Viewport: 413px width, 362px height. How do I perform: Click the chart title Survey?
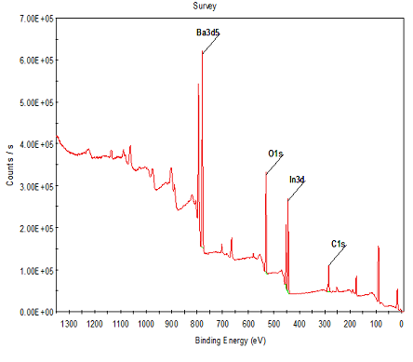(205, 6)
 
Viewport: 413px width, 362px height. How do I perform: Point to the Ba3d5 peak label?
(207, 33)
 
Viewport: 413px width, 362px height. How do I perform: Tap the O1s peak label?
(275, 154)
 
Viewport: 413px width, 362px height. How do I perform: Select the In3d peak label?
(297, 180)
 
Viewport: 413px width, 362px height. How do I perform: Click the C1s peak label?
(339, 244)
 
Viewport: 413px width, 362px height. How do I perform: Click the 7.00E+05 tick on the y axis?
(37, 19)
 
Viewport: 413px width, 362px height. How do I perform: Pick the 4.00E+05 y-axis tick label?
(37, 144)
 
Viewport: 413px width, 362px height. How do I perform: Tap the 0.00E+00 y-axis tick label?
(37, 312)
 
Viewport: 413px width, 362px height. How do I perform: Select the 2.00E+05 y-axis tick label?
(37, 228)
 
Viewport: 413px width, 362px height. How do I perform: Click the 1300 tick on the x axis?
(69, 324)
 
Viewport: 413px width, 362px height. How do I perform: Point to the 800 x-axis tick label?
(197, 324)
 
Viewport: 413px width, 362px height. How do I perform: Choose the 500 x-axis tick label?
(273, 324)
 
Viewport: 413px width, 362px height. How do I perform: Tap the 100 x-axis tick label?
(376, 324)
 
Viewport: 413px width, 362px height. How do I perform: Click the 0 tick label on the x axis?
(401, 324)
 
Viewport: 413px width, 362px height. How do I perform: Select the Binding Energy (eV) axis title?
(231, 341)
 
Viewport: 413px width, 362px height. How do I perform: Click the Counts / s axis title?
(10, 165)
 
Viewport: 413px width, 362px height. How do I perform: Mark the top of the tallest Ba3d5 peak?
(202, 51)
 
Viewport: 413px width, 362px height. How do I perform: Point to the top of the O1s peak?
(266, 173)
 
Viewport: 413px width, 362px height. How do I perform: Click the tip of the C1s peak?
(328, 266)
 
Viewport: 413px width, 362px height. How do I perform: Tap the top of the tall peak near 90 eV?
(379, 247)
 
